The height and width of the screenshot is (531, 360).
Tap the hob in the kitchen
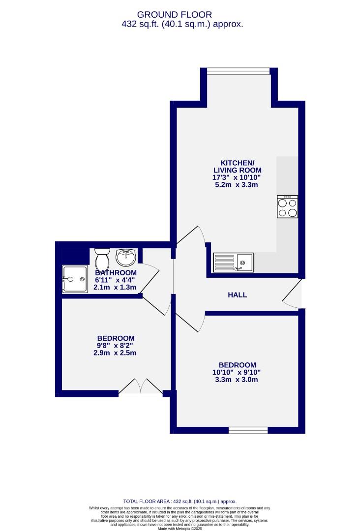tap(287, 206)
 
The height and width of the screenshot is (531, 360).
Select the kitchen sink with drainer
tap(233, 263)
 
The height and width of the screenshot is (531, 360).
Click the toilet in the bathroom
tap(102, 258)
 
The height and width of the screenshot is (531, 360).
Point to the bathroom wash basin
tap(126, 257)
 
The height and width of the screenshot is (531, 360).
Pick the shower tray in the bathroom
tap(75, 279)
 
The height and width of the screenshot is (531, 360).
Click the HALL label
tap(237, 295)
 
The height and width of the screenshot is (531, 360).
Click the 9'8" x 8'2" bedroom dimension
tap(116, 346)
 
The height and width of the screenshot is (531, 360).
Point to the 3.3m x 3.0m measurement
tap(238, 380)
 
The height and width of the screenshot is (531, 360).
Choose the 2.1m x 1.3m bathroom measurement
tap(116, 287)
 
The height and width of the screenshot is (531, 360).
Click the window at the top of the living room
tap(239, 71)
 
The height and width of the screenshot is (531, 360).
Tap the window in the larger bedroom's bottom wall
tap(248, 430)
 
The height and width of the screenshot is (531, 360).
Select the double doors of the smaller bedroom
tap(141, 387)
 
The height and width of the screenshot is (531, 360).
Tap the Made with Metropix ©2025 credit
tap(180, 529)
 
